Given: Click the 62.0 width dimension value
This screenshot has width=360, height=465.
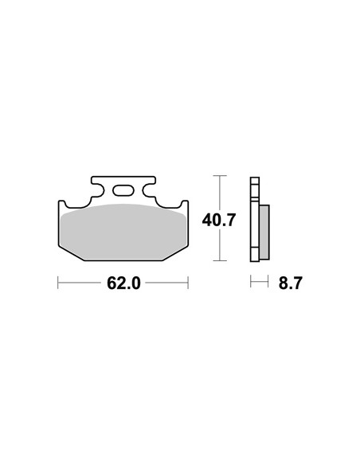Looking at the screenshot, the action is [123, 283].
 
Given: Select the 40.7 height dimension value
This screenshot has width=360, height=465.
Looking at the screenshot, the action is [219, 220].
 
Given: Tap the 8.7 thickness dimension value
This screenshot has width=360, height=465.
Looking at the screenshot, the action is [290, 283].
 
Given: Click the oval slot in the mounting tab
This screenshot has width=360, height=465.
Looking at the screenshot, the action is [123, 190].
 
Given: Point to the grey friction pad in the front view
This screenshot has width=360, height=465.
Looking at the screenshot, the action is [123, 232].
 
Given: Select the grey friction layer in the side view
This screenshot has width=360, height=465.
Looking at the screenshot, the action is [264, 232].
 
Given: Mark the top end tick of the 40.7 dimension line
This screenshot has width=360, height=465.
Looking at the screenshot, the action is [220, 175].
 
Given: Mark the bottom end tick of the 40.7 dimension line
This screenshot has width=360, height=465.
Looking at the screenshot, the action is [220, 260].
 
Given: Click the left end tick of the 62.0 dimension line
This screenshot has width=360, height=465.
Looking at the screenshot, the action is [58, 283].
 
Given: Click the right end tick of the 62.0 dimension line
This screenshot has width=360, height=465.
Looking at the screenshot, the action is [188, 283].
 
